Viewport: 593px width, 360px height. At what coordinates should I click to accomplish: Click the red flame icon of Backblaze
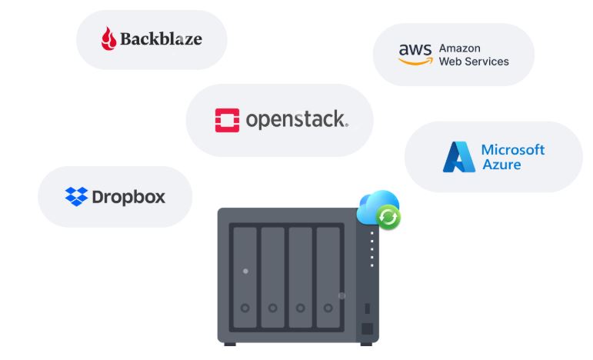point(108,38)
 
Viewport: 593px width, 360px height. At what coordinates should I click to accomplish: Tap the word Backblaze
point(162,38)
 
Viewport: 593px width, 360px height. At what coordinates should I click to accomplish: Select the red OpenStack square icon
point(227,120)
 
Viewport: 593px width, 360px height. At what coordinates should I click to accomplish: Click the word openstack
point(296,120)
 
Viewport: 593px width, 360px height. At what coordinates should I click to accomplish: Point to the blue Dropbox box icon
point(76,197)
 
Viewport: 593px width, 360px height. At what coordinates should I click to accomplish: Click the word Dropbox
point(128,197)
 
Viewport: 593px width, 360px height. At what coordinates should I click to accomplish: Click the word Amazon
point(459,48)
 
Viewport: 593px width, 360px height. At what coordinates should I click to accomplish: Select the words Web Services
point(474,62)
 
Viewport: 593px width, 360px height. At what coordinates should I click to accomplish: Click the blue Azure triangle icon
point(459,156)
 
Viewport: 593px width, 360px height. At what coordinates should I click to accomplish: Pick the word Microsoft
point(512,149)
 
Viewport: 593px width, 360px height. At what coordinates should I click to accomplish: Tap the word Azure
point(501,165)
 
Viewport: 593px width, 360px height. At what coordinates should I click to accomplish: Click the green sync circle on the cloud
point(389,218)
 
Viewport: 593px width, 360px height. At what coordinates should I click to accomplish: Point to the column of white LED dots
point(372,248)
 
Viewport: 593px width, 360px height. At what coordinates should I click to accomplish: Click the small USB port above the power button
point(368,308)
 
